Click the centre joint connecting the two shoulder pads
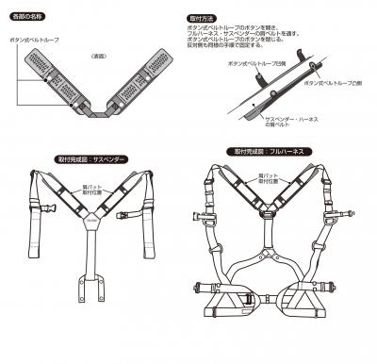point(97,112)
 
